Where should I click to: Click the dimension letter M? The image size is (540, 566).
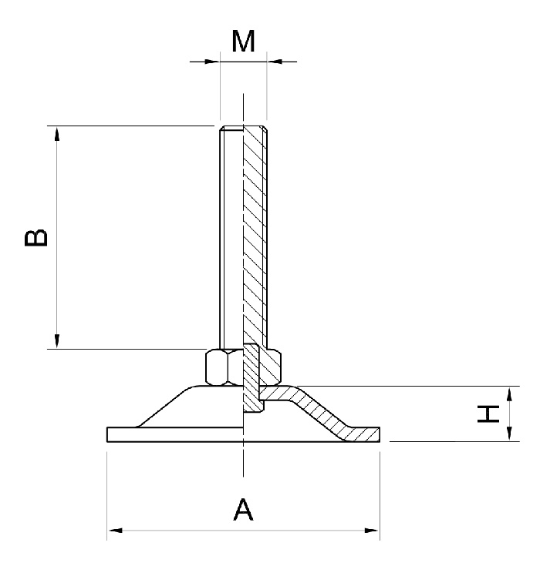pos(244,42)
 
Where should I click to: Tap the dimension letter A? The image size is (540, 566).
pos(243,509)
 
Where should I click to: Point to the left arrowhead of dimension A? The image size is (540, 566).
pos(113,530)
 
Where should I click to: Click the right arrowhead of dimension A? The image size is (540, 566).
pos(373,530)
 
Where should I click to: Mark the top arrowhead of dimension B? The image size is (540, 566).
pos(56,132)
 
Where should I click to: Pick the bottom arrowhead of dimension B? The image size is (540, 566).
pos(56,342)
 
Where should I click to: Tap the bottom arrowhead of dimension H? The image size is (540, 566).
pos(509,436)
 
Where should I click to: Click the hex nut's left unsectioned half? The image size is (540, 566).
pos(223,367)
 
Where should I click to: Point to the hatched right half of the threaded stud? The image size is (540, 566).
pos(255,231)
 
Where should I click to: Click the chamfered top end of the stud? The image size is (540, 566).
pos(243,128)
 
